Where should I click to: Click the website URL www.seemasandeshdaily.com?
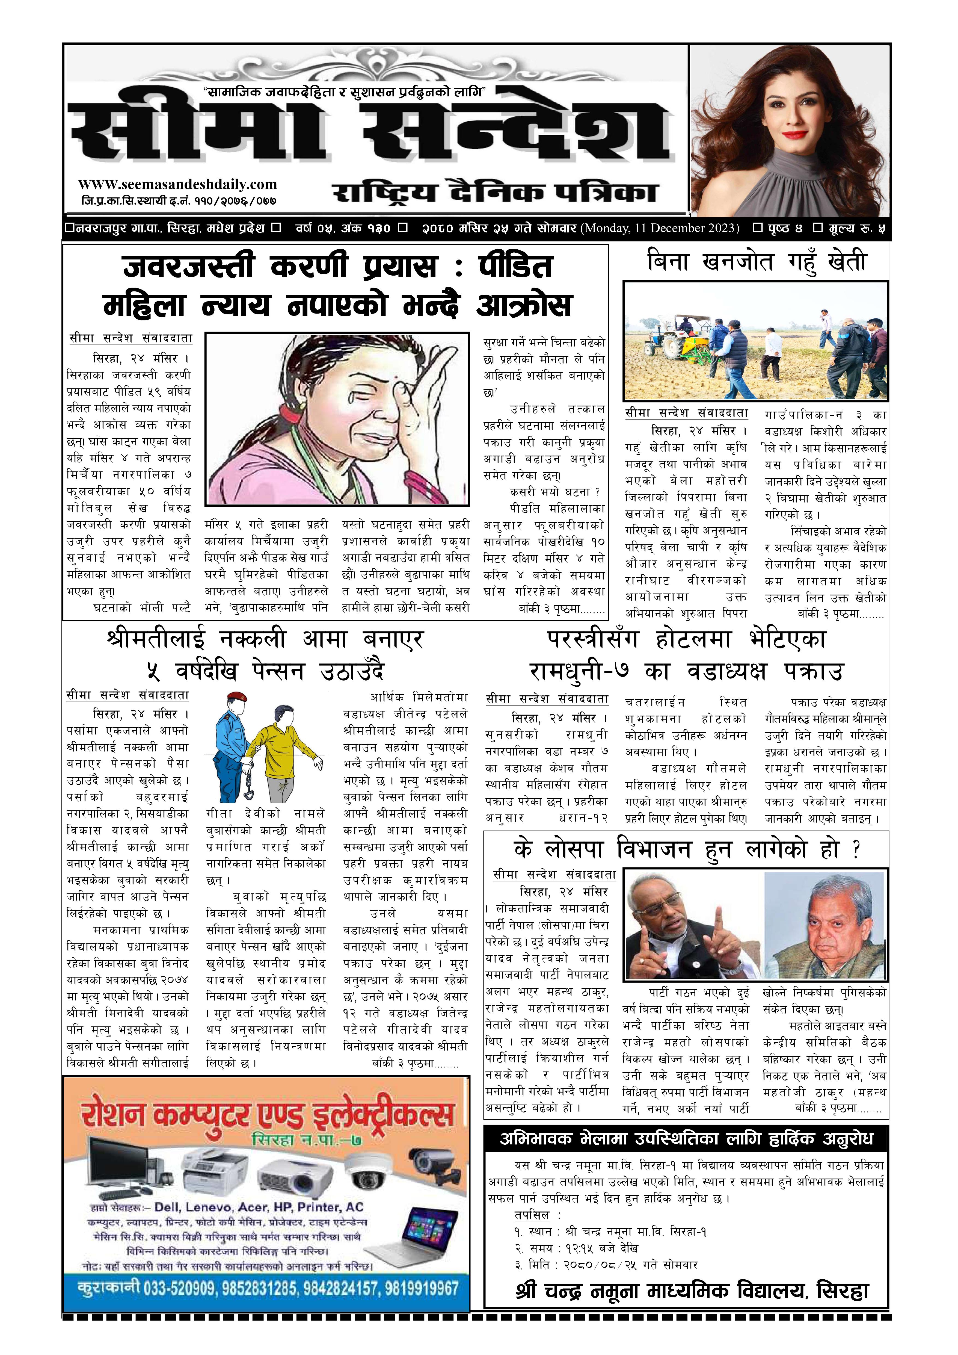pyautogui.click(x=177, y=185)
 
